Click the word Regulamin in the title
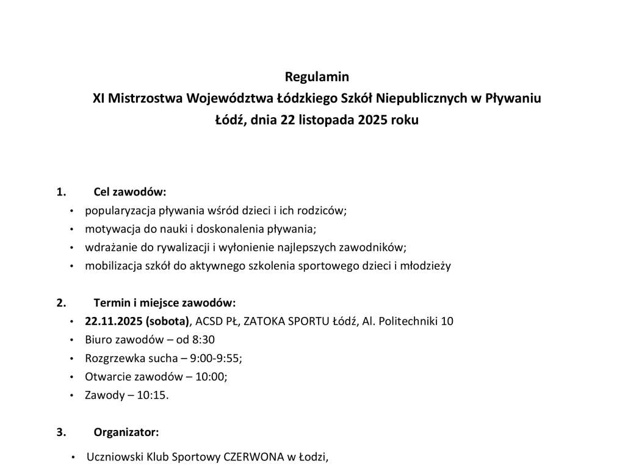[317, 77]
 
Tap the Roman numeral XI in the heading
[98, 98]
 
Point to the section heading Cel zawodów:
[130, 192]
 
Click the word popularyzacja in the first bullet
[120, 211]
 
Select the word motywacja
[112, 230]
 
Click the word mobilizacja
[115, 266]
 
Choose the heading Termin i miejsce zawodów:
[164, 303]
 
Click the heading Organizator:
[126, 432]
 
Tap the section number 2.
[60, 303]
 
